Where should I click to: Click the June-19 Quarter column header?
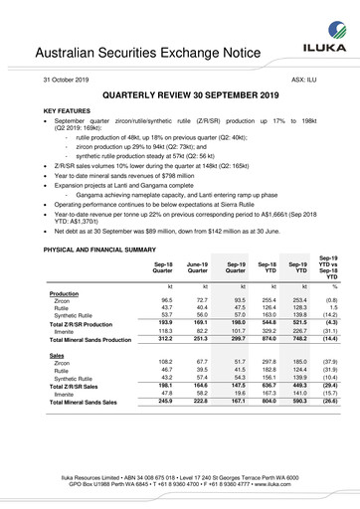197,268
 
